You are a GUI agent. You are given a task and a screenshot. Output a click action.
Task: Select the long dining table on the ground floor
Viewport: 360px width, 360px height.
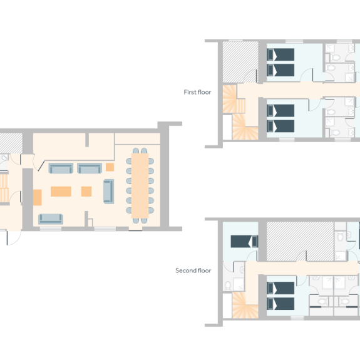click(141, 185)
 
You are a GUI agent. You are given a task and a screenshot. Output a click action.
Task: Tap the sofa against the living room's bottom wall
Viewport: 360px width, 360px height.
click(50, 219)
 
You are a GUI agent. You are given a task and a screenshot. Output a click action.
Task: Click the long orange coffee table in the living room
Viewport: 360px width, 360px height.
click(61, 191)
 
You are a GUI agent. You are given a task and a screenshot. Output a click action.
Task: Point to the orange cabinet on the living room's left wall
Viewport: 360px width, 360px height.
click(37, 198)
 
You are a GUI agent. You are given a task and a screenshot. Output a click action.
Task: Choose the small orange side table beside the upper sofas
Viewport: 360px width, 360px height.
click(110, 167)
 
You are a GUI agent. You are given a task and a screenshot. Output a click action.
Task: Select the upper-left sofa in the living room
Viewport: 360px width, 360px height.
click(61, 168)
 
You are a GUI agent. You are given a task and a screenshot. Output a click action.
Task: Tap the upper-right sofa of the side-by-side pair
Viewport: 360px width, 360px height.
click(90, 168)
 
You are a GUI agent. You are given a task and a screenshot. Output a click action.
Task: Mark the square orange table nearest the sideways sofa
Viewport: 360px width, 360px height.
click(86, 191)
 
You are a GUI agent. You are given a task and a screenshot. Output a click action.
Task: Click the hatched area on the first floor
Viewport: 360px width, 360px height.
click(241, 61)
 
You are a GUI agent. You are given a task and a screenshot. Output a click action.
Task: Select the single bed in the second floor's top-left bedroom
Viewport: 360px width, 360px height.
click(244, 240)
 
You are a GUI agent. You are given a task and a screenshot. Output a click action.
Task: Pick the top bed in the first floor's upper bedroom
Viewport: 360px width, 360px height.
click(280, 54)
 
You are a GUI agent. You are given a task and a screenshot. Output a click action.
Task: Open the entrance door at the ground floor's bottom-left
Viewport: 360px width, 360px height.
click(8, 236)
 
